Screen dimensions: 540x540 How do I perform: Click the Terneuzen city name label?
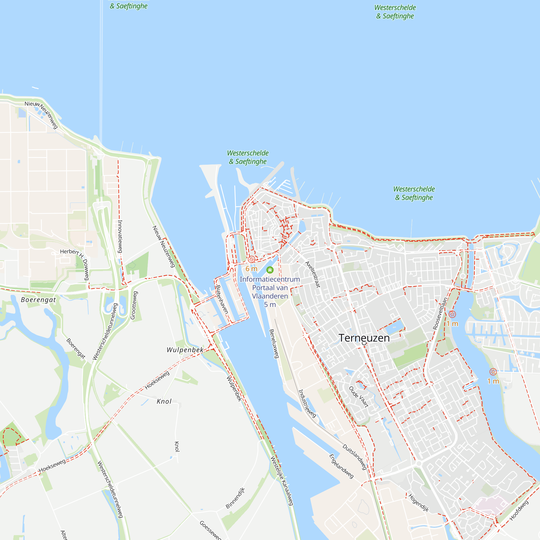364,338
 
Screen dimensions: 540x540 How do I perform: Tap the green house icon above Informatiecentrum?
270,270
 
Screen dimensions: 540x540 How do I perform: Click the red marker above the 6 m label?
251,259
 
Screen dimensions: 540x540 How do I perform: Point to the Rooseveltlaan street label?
440,313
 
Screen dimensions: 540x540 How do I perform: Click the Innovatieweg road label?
120,237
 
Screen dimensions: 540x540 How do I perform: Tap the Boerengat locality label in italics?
39,300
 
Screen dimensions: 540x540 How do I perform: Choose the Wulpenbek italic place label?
185,350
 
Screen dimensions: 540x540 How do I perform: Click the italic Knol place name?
164,401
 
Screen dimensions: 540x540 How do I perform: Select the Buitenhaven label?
222,299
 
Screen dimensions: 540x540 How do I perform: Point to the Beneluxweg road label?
274,343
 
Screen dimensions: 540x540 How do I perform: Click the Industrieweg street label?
307,404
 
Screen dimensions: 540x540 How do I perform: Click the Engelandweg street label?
341,466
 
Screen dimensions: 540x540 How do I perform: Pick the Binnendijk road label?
235,498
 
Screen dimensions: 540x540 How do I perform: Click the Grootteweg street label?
134,305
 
